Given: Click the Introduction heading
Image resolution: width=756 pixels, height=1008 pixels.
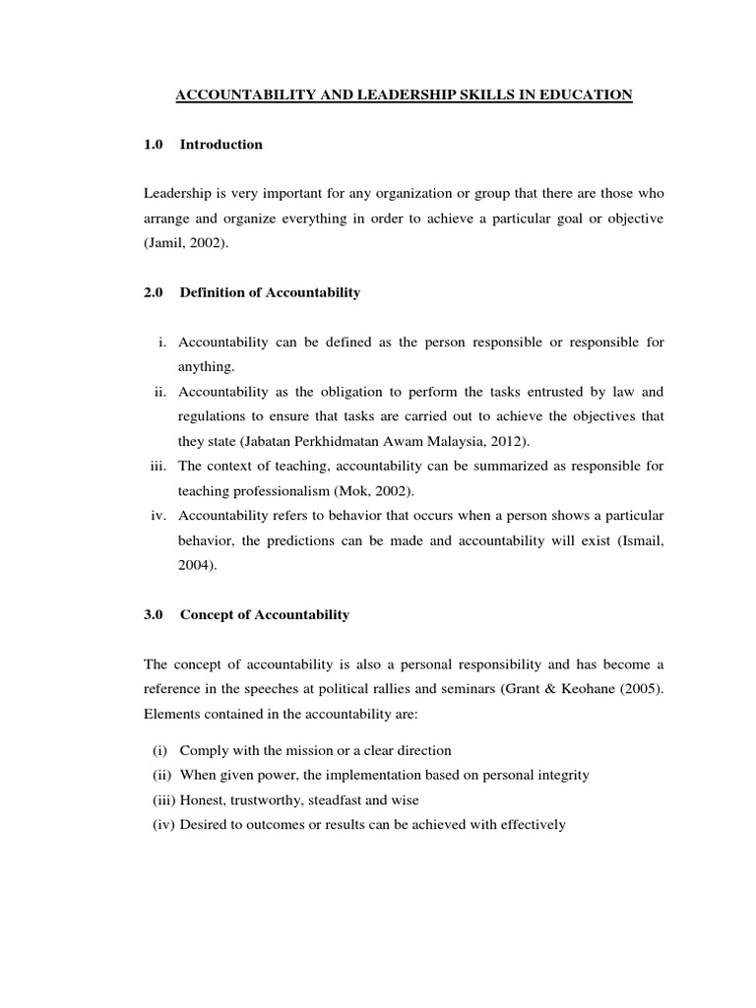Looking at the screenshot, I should (221, 145).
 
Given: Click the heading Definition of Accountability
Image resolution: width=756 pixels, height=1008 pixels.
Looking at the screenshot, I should (271, 292).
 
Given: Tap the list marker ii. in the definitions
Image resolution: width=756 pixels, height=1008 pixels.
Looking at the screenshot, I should (160, 391).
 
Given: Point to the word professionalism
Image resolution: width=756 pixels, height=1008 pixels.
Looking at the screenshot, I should (274, 489).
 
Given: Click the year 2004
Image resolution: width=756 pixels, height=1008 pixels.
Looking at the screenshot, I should (193, 566).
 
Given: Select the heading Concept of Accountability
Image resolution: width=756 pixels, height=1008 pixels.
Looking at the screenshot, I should (265, 615).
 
